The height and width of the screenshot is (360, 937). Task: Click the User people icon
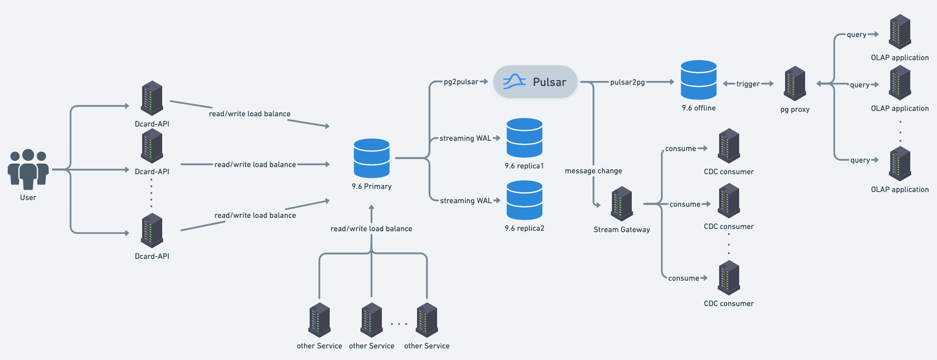(28, 169)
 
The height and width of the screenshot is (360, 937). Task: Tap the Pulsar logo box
(535, 82)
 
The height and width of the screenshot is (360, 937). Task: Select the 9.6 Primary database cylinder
(372, 158)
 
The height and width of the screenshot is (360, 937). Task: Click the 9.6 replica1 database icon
(524, 138)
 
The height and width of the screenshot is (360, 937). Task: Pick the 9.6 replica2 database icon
(524, 200)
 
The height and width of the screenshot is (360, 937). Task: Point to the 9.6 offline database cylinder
(699, 80)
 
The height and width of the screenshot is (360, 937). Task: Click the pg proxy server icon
(795, 84)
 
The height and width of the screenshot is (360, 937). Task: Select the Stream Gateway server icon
(622, 204)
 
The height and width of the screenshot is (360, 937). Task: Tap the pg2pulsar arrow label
(461, 82)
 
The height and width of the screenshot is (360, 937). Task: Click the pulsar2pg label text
(627, 82)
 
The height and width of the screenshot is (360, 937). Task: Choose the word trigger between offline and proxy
(748, 84)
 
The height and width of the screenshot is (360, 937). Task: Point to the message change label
(593, 171)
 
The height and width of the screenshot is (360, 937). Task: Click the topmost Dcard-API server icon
(152, 98)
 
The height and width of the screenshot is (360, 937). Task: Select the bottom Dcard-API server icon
(152, 231)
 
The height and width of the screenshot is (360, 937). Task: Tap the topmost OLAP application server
(900, 32)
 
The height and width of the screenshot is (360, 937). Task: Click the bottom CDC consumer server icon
(729, 278)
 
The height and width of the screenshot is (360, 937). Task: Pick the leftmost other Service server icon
(319, 320)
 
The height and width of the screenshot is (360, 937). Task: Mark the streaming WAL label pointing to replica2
(466, 201)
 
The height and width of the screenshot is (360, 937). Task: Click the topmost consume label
(680, 149)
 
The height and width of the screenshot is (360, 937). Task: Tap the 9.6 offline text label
(699, 108)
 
